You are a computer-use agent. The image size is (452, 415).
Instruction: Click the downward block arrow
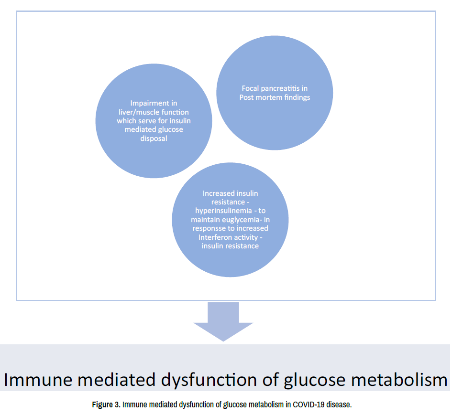tap(223, 321)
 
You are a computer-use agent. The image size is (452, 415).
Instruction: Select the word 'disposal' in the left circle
tap(154, 138)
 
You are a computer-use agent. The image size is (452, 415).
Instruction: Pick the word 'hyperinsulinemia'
tap(223, 211)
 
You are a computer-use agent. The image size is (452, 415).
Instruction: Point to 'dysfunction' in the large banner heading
tap(209, 379)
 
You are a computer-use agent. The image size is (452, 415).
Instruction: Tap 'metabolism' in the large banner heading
tap(399, 379)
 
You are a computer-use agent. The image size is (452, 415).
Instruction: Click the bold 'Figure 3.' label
tap(106, 404)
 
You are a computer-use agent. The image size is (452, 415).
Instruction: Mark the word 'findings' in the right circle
tap(297, 97)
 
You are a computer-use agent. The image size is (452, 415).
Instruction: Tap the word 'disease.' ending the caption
tap(341, 404)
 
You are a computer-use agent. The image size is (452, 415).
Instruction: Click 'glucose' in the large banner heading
tap(315, 380)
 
